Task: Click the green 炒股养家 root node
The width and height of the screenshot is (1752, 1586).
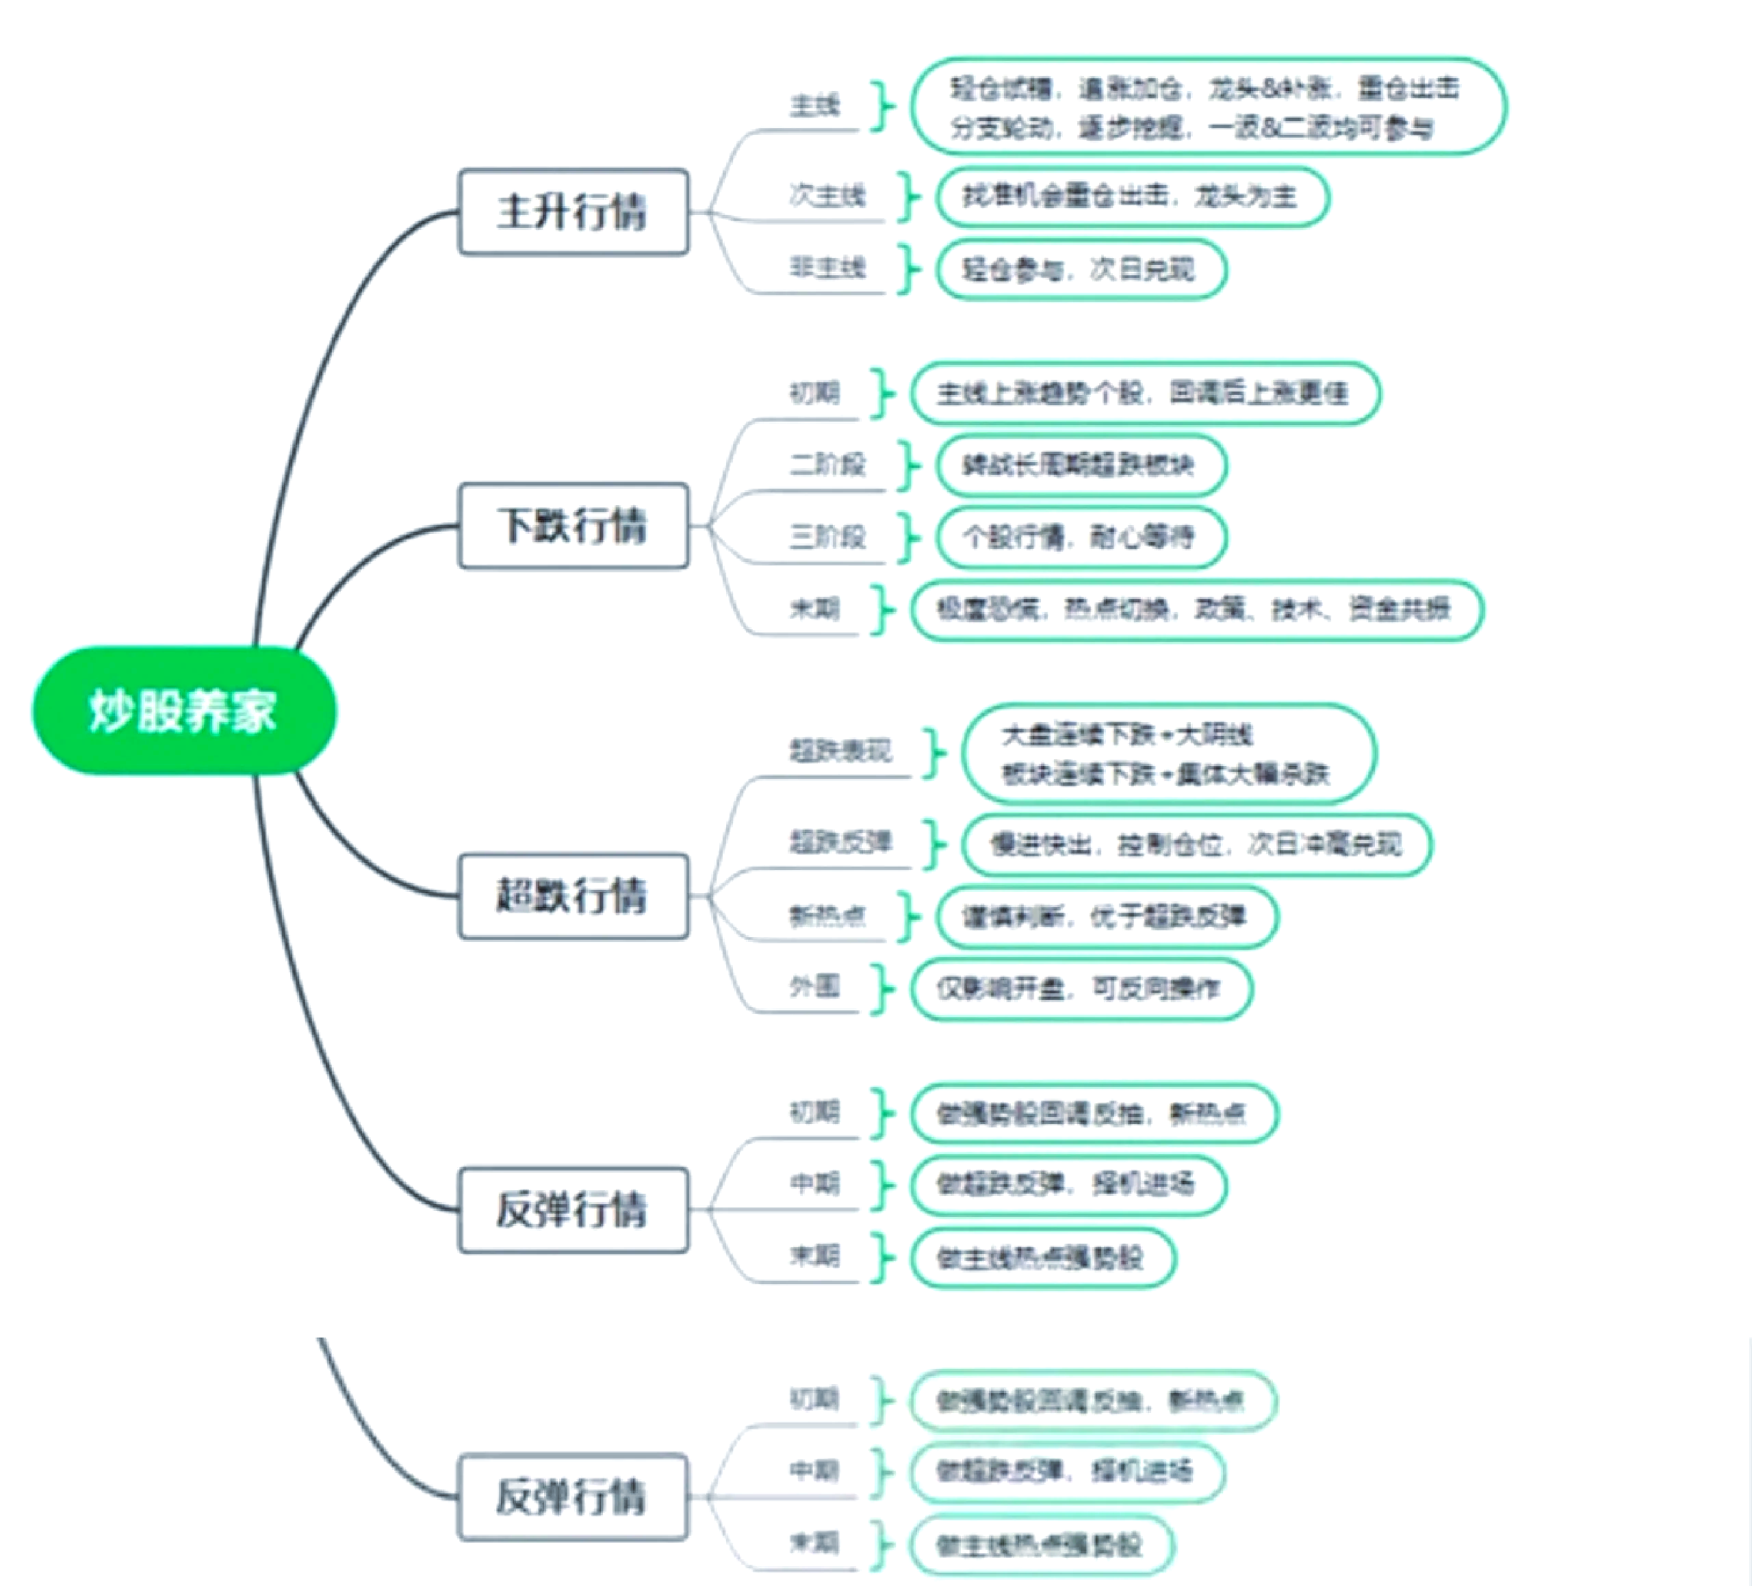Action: [x=183, y=710]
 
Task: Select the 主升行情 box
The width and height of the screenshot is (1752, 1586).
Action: [x=573, y=212]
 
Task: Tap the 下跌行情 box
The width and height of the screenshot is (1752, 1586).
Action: [x=573, y=526]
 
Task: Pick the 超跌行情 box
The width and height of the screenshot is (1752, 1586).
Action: [x=573, y=896]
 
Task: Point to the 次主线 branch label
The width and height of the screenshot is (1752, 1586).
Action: [x=827, y=196]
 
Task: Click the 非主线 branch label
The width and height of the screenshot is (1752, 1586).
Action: [x=827, y=268]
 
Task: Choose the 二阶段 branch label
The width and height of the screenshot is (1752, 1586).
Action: [x=827, y=465]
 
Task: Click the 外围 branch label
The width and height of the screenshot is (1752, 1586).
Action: [x=814, y=987]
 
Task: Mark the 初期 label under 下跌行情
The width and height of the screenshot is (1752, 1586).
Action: [x=814, y=394]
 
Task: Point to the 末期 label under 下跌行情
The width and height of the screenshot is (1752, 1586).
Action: [x=814, y=609]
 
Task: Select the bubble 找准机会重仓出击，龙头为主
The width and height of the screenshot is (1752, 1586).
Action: [x=1131, y=197]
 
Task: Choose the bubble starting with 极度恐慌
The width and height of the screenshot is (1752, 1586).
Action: [x=1196, y=609]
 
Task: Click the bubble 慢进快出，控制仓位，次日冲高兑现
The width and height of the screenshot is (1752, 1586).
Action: [x=1196, y=844]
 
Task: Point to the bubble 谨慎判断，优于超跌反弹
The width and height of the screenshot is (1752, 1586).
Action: [x=1105, y=916]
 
